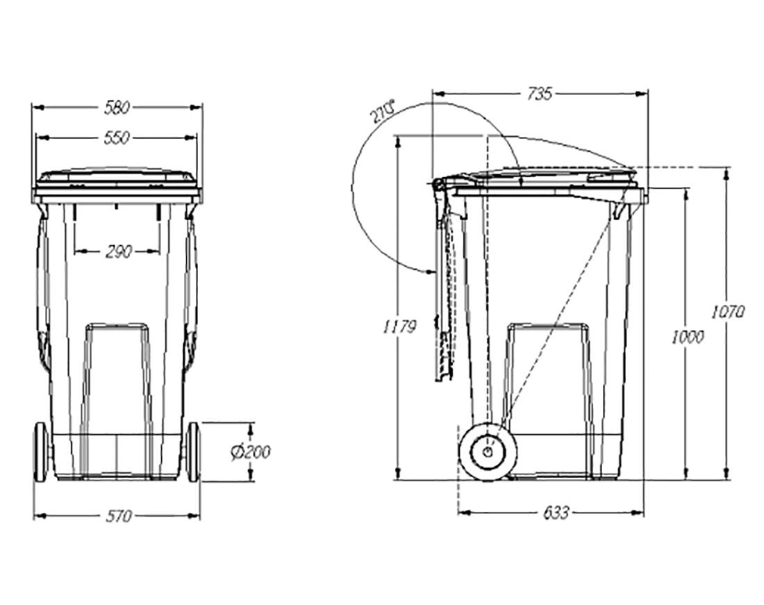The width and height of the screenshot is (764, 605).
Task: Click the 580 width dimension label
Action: [117, 108]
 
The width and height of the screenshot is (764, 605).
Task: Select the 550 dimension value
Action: [117, 138]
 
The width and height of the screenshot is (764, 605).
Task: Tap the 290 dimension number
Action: [118, 252]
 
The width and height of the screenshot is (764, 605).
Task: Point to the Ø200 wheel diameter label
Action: [251, 452]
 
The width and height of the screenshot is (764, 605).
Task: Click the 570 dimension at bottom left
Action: [119, 516]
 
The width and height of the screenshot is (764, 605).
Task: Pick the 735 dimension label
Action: [540, 94]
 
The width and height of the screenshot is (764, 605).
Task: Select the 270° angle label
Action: [383, 112]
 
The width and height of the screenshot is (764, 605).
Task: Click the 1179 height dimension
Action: [399, 327]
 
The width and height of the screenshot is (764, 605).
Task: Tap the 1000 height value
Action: [688, 337]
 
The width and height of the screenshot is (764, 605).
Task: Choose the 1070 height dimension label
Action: [728, 311]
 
